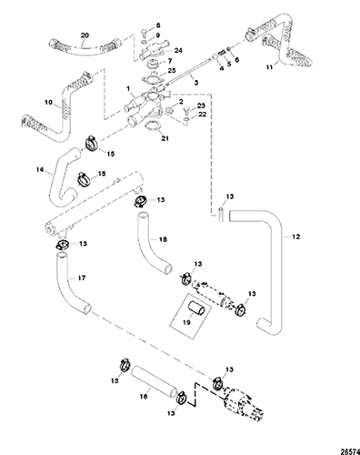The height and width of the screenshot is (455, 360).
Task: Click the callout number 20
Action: (x=85, y=35)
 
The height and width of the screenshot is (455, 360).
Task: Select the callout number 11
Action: (x=269, y=67)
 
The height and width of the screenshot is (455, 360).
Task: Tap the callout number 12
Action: (x=296, y=237)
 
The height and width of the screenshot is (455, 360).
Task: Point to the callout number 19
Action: (x=186, y=322)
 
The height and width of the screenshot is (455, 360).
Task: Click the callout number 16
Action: (x=144, y=396)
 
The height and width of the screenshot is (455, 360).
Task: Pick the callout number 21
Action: (x=165, y=138)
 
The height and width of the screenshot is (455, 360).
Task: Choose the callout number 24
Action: (x=178, y=50)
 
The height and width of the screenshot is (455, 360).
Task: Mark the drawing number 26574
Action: (x=351, y=451)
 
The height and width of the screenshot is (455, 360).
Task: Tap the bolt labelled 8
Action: (x=144, y=32)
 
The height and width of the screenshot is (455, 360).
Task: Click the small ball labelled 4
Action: (x=215, y=57)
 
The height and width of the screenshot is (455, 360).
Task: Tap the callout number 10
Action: (x=48, y=103)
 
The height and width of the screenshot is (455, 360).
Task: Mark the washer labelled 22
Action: (x=187, y=119)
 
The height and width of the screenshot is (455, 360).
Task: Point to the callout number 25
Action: (x=172, y=71)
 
